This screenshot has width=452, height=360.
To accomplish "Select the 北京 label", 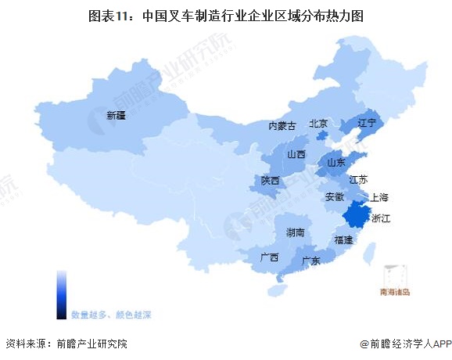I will pyautogui.click(x=317, y=123).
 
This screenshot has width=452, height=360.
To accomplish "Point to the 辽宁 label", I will pyautogui.click(x=367, y=123).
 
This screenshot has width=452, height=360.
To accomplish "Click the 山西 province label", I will pyautogui.click(x=296, y=154).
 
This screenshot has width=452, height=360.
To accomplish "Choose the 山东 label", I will pyautogui.click(x=336, y=163).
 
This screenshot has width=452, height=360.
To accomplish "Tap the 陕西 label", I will pyautogui.click(x=271, y=181).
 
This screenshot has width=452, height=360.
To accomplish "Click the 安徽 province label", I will pyautogui.click(x=334, y=195).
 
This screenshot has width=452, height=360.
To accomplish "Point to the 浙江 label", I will pyautogui.click(x=381, y=220).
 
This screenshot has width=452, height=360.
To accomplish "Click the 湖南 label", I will pyautogui.click(x=295, y=232).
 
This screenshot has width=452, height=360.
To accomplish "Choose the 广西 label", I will pyautogui.click(x=270, y=257).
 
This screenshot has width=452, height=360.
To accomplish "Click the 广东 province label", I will pyautogui.click(x=310, y=261).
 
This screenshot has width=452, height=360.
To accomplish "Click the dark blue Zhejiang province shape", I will pyautogui.click(x=357, y=214).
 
